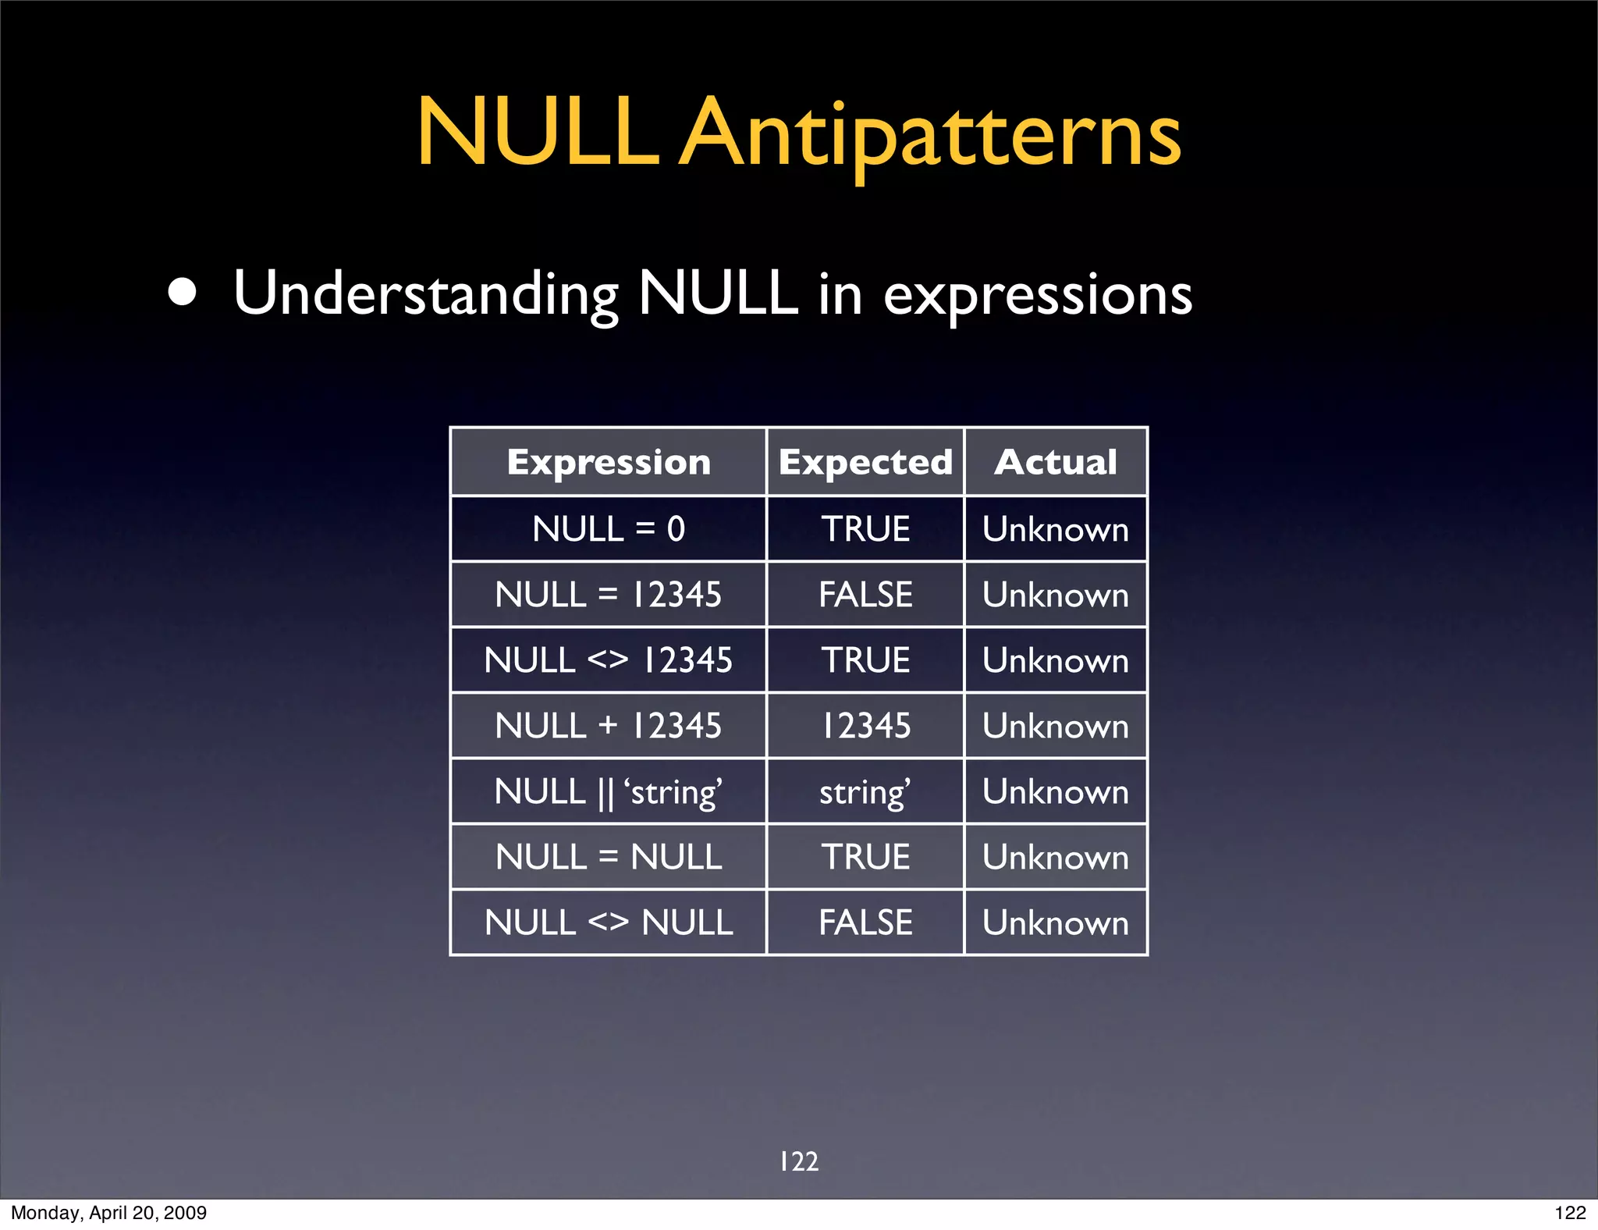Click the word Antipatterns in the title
(930, 134)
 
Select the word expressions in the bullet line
(1037, 296)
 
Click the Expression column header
(609, 462)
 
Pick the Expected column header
(865, 462)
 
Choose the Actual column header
(1056, 462)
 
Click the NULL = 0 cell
(609, 529)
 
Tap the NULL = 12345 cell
(609, 595)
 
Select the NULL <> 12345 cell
(609, 660)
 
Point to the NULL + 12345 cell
(609, 726)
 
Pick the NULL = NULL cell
(609, 857)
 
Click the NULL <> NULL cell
(609, 922)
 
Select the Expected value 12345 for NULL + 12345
(865, 726)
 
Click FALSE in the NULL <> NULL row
(865, 922)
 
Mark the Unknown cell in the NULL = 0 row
(1056, 529)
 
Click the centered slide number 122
(799, 1161)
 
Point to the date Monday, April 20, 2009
(108, 1213)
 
